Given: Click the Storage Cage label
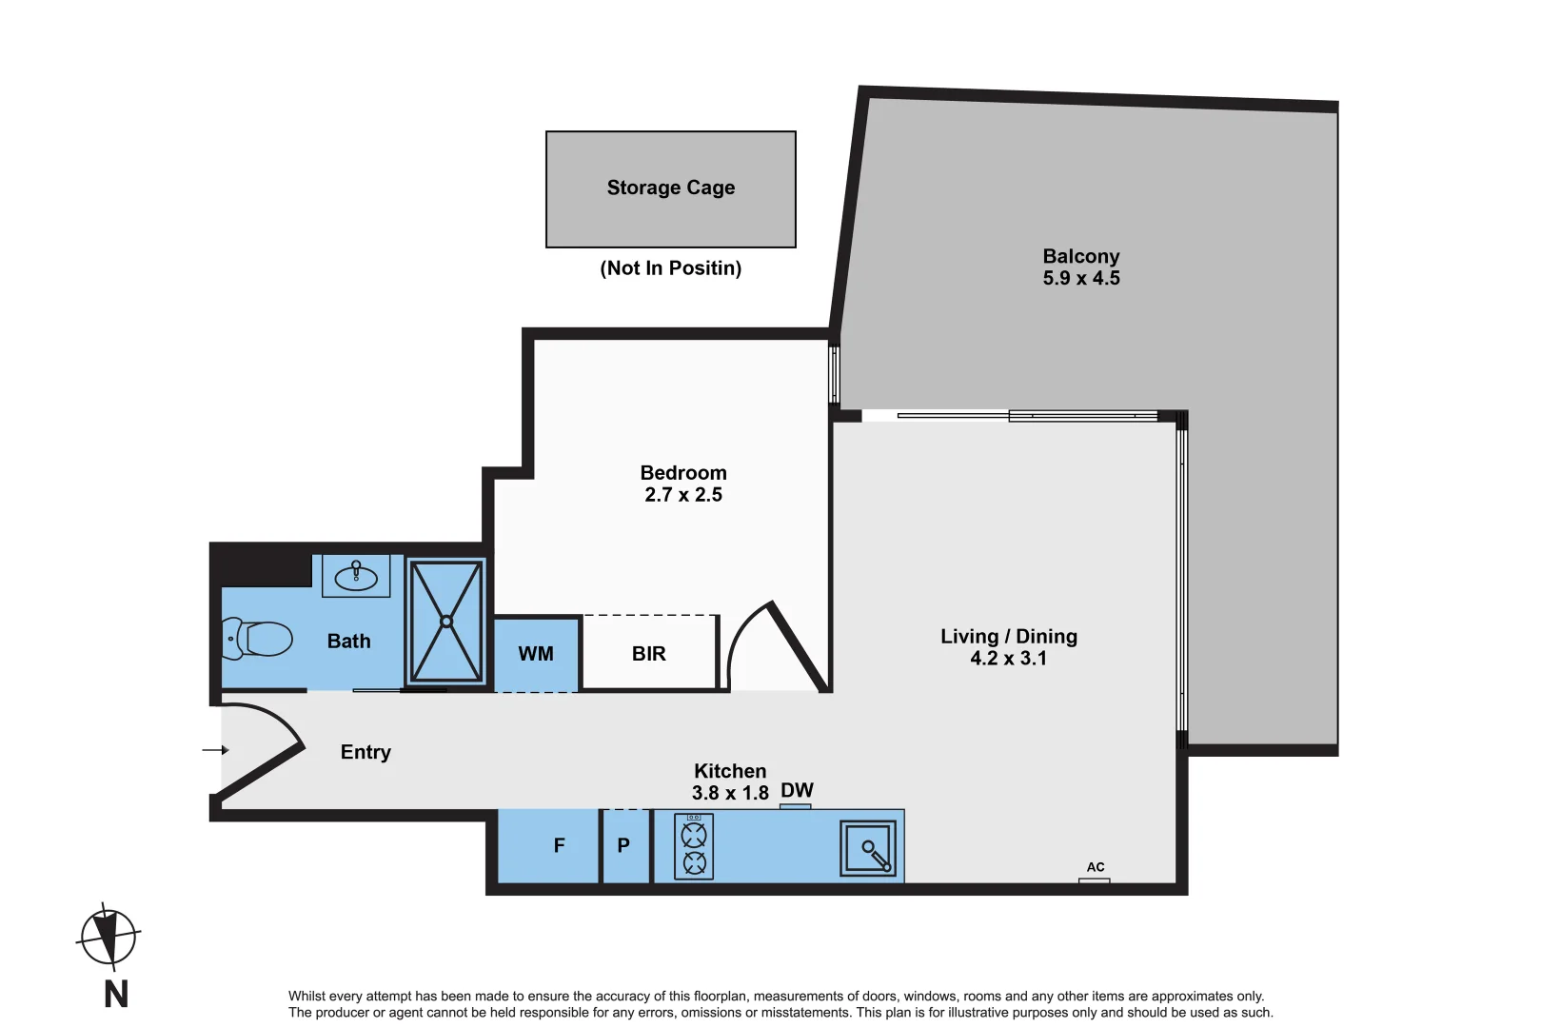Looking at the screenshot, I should coord(670,188).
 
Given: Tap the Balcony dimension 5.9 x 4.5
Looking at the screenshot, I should coord(1080,279).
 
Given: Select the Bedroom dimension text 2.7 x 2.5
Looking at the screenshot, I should coord(682,495).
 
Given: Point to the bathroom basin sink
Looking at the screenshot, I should coord(356,576).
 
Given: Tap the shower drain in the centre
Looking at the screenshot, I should coord(445,622).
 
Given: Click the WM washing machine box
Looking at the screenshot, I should coord(536,654).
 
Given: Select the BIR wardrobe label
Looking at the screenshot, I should coord(648,654).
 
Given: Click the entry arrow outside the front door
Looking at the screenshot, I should coord(215,750).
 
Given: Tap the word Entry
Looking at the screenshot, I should coord(365,752).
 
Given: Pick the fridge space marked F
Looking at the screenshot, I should coord(559,845).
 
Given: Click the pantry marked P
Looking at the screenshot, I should coord(623,845).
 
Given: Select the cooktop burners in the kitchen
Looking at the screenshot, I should coord(694,847).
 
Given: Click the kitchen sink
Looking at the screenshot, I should coord(868,848).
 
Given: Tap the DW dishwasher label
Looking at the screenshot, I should coord(797,791).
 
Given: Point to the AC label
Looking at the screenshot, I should coord(1096,867).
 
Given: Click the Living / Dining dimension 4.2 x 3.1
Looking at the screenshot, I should coord(1008,659).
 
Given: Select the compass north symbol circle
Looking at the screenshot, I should coord(109,938).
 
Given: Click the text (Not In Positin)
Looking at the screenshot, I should coord(670,268).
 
